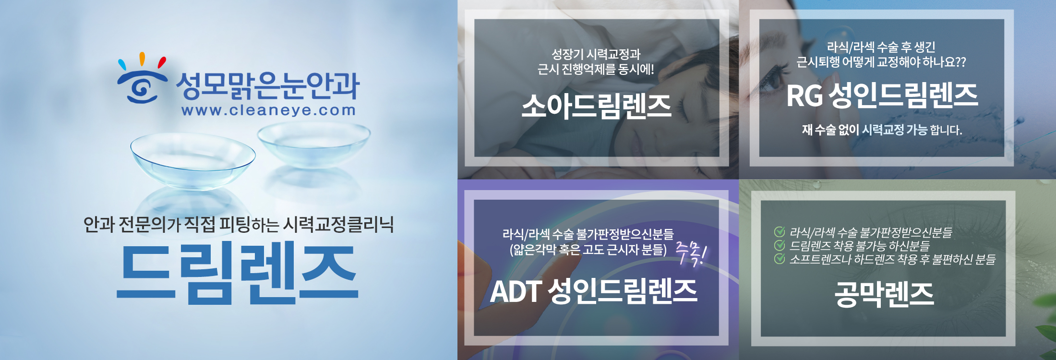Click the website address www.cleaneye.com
click(269, 110)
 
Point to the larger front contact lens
click(192, 161)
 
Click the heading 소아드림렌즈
click(597, 106)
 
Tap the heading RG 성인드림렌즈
click(882, 95)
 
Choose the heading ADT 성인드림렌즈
click(593, 291)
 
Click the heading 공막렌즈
click(884, 294)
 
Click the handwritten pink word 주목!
click(691, 252)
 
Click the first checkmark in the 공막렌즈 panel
click(780, 232)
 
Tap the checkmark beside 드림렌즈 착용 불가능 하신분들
click(780, 245)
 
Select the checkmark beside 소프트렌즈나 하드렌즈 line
click(780, 259)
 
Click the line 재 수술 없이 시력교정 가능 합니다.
click(882, 130)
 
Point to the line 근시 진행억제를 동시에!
click(596, 69)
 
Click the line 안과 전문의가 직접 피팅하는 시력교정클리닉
click(239, 224)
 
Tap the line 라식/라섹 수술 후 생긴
click(881, 47)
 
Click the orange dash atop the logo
click(142, 59)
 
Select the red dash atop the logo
click(162, 62)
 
